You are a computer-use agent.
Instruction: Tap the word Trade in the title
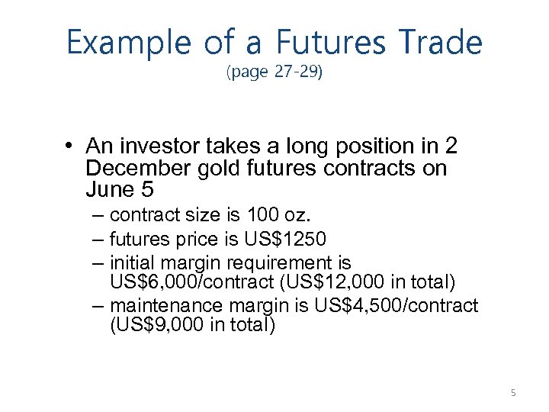437,43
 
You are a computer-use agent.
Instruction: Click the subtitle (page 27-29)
274,74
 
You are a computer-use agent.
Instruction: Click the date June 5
115,189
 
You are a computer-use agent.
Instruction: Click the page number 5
513,393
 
